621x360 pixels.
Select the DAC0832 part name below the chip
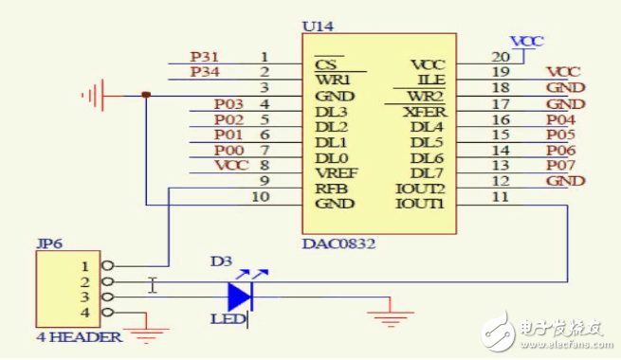[338, 243]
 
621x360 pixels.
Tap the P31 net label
[203, 57]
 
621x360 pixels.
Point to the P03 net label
[228, 103]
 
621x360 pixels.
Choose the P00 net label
[228, 150]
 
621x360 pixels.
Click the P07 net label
[560, 165]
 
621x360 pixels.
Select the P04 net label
[560, 119]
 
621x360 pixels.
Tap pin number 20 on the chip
[501, 57]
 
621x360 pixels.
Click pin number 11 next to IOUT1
[501, 196]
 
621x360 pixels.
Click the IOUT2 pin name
[420, 189]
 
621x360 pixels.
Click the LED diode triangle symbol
[240, 296]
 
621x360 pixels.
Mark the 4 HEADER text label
[80, 337]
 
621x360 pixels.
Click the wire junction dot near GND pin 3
[145, 94]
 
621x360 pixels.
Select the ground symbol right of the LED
[391, 315]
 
